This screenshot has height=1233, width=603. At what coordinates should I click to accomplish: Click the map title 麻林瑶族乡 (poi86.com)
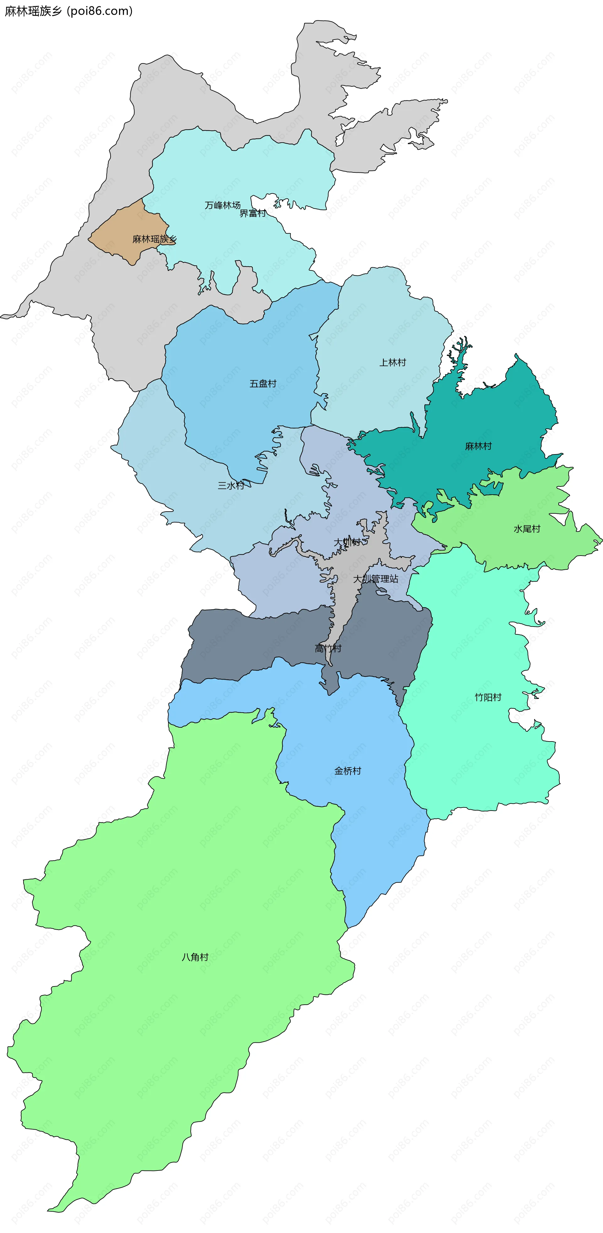68,11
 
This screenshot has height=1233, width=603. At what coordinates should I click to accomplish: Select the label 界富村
253,214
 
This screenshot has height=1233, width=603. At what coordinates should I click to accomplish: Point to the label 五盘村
263,384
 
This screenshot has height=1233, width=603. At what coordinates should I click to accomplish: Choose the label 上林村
393,363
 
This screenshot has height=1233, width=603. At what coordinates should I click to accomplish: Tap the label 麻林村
478,446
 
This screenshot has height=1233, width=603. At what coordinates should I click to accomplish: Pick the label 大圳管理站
376,579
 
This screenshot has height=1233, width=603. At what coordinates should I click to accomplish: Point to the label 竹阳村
488,698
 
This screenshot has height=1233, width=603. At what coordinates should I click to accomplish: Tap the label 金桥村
348,771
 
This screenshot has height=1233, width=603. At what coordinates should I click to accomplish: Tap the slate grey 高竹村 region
239,641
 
